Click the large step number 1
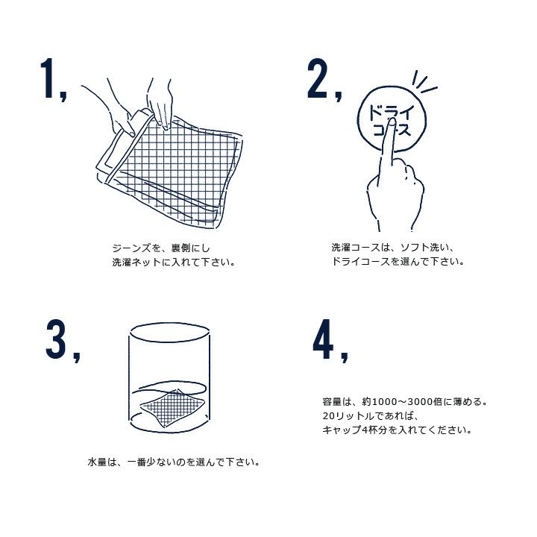(48, 78)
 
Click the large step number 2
(318, 78)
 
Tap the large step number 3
(56, 339)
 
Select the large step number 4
(323, 339)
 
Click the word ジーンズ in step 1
(132, 248)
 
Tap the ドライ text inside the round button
(391, 113)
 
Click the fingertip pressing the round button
(392, 122)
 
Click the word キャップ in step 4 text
(342, 430)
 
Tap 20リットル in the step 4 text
(348, 415)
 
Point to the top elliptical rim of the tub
(170, 323)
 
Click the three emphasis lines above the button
(424, 81)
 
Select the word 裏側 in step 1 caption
(180, 248)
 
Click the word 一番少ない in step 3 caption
(151, 462)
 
